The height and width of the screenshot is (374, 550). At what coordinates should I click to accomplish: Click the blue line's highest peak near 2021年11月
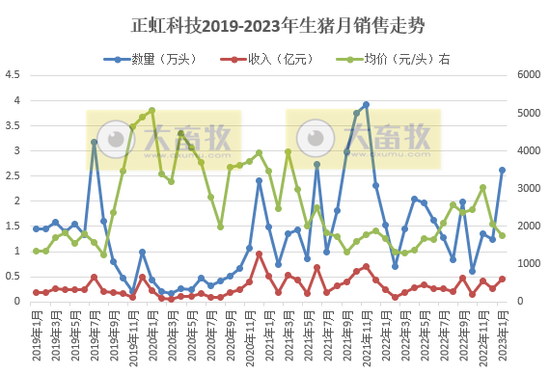(366, 105)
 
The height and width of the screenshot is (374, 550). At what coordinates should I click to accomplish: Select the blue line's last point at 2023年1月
(502, 170)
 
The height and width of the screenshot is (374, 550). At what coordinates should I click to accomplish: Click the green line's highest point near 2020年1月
(151, 111)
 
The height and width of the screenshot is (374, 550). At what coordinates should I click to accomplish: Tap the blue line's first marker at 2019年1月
(36, 228)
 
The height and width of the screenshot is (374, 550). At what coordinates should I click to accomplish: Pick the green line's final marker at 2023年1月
(502, 235)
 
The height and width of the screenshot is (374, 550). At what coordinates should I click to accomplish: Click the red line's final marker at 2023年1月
(502, 279)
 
